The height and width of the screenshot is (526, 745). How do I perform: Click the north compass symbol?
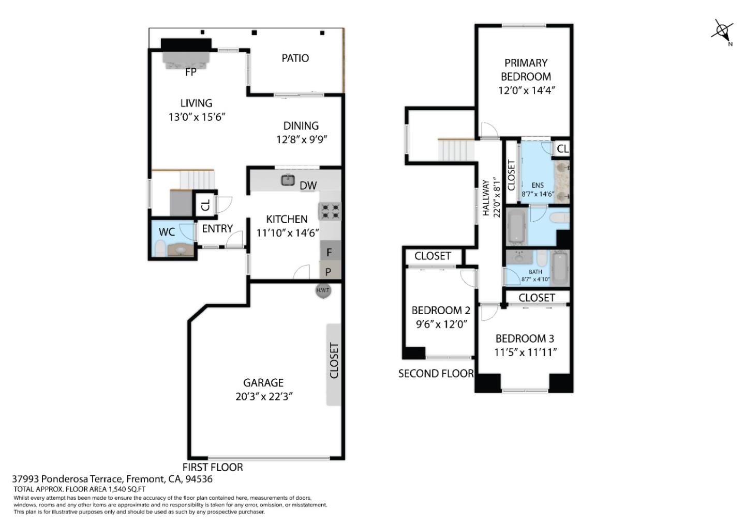pos(722,30)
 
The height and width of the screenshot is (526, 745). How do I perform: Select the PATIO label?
pos(295,58)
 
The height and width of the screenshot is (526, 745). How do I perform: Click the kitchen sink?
pos(288,180)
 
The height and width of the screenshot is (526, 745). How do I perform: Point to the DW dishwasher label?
pos(308,185)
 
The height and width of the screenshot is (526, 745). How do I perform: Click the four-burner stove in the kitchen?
pos(330,211)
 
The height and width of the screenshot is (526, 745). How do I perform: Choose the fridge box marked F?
pos(330,252)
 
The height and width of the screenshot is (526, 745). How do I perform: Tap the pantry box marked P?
pos(329,271)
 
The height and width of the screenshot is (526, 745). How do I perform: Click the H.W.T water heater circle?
pos(323,291)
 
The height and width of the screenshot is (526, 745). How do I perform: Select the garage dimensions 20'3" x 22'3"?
pos(263,397)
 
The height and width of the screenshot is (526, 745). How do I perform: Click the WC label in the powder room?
pos(167,232)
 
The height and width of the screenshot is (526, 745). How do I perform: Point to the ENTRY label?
pos(217,228)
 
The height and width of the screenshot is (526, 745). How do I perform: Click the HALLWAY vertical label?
pos(486,197)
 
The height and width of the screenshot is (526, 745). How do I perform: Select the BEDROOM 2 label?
pos(441,311)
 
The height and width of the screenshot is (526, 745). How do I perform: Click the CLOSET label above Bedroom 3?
pos(537,298)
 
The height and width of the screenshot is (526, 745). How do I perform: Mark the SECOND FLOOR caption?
pos(436,374)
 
